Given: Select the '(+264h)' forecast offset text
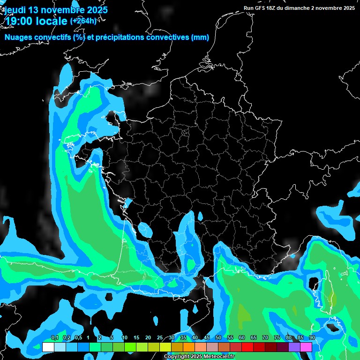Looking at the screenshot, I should (83, 21).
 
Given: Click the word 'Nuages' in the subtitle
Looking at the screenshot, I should (18, 37).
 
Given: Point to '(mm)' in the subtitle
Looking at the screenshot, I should (200, 37).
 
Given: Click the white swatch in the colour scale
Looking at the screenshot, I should (48, 347).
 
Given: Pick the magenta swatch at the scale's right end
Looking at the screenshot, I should (306, 347).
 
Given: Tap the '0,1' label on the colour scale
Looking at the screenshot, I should (55, 338).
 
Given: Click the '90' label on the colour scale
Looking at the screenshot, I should (312, 338).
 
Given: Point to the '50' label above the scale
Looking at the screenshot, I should (218, 338).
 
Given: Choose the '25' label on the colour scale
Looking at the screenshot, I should (159, 338).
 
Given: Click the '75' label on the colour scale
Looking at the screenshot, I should (277, 338).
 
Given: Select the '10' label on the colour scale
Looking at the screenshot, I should (124, 338).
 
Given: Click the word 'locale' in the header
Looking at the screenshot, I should (53, 21).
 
